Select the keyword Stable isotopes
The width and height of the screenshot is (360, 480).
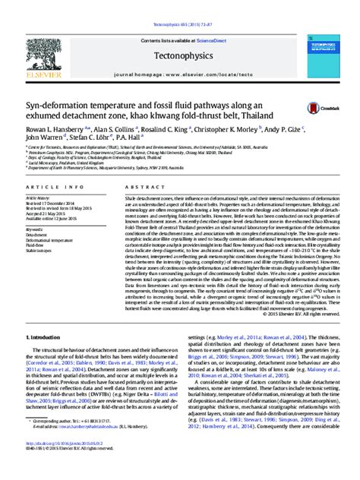click(x=37, y=252)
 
